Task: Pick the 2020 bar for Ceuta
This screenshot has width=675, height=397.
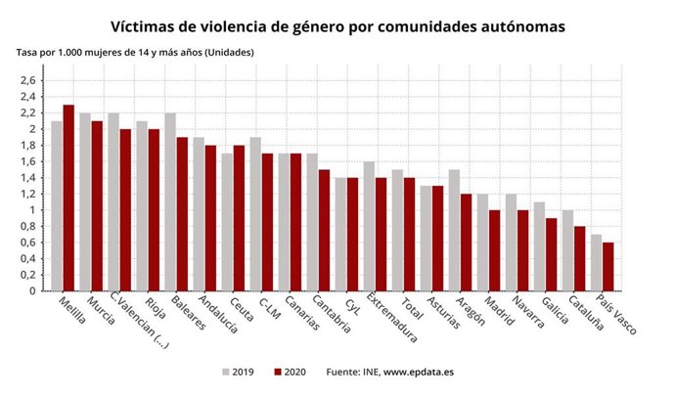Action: coord(239,217)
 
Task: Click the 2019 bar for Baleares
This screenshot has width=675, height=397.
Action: coord(170,201)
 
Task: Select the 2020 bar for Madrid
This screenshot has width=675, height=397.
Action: coord(494,249)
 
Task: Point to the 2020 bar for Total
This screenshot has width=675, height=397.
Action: coord(409,234)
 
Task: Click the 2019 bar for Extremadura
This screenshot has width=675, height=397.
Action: coord(369,226)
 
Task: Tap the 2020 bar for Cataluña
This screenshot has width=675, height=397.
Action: coord(579,258)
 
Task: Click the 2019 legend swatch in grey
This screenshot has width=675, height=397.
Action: coord(224,373)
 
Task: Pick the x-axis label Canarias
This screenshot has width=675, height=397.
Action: coord(301,316)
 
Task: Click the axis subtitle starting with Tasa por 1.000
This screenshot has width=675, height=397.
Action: coord(135,51)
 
